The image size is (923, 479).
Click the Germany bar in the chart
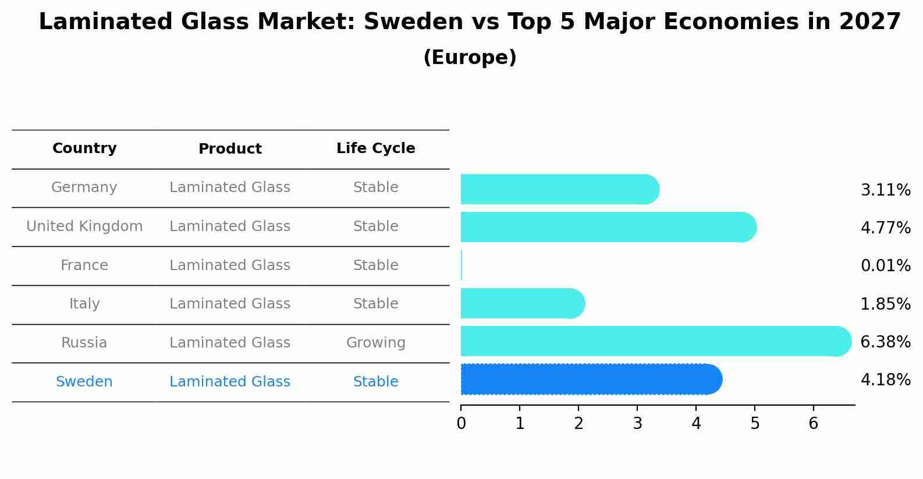tap(559, 189)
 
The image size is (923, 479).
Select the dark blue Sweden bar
tap(591, 379)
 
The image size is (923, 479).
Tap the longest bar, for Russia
tap(655, 341)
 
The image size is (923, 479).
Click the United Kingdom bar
tap(608, 227)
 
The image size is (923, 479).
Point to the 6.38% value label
tap(885, 342)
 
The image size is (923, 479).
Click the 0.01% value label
tap(885, 266)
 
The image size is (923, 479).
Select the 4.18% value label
tap(885, 380)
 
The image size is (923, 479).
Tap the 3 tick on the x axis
tap(637, 424)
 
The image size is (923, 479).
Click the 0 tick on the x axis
tap(461, 424)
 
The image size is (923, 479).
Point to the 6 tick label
tap(814, 424)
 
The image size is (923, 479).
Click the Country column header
tap(84, 148)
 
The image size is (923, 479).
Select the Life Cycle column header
tap(375, 148)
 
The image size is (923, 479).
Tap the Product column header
tap(230, 149)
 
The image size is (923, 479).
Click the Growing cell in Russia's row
tap(375, 343)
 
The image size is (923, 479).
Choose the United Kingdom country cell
tap(84, 226)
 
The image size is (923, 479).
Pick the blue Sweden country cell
tap(84, 382)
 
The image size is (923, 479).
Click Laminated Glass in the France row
tap(230, 265)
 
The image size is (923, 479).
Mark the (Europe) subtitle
tap(470, 58)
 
